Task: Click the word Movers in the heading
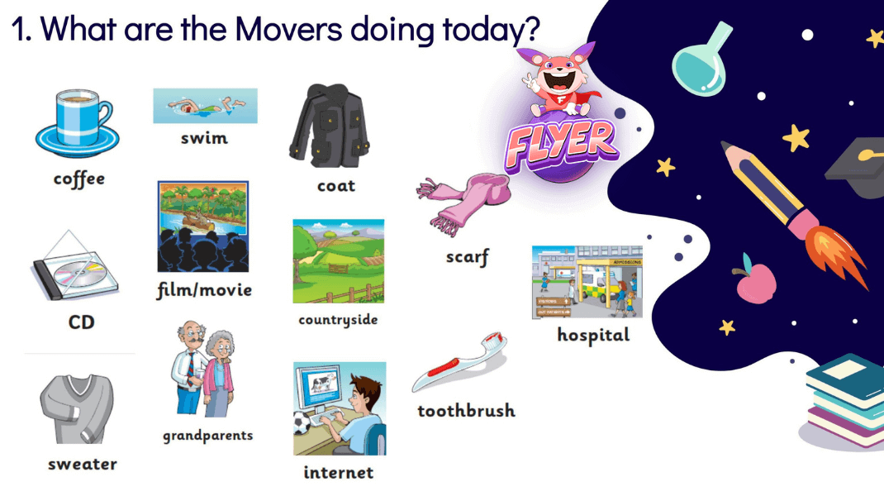point(288,28)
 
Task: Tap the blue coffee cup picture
point(77,122)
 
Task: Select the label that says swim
point(204,138)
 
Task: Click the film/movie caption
point(204,290)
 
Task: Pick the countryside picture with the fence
point(338,261)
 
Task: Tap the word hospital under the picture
point(593,335)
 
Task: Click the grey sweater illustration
point(77,408)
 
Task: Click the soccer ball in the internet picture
point(302,423)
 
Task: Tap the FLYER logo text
point(561,145)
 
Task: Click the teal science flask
point(701,60)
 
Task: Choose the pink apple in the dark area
point(755,280)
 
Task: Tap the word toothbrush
point(466,411)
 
